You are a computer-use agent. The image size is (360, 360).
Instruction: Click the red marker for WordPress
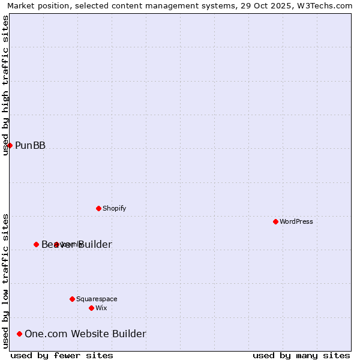(x=275, y=221)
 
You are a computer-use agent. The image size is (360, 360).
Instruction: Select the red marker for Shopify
(x=98, y=208)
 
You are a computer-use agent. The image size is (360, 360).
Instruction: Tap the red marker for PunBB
(x=10, y=145)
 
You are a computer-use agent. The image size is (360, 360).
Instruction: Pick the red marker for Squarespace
(x=72, y=299)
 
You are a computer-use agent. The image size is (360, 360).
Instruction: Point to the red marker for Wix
(x=91, y=308)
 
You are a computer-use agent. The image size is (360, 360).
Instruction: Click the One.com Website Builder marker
(x=19, y=334)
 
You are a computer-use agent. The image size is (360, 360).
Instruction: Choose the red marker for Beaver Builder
(x=36, y=244)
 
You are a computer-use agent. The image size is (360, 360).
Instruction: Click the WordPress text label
(x=296, y=221)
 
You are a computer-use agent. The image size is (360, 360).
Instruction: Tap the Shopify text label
(x=114, y=208)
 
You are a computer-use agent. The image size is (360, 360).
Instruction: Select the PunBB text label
(x=30, y=145)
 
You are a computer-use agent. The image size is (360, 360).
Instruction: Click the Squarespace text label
(x=97, y=299)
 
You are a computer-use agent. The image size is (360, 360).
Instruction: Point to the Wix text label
(x=101, y=308)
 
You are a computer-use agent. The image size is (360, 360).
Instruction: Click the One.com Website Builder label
(x=85, y=334)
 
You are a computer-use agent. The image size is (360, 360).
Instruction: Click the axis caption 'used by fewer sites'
(x=62, y=355)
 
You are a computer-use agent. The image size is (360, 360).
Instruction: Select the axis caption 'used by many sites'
(x=301, y=355)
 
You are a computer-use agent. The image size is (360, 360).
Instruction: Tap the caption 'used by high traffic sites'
(x=5, y=85)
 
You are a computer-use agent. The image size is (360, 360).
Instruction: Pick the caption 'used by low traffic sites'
(x=5, y=280)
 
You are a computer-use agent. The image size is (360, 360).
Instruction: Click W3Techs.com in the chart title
(x=329, y=5)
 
